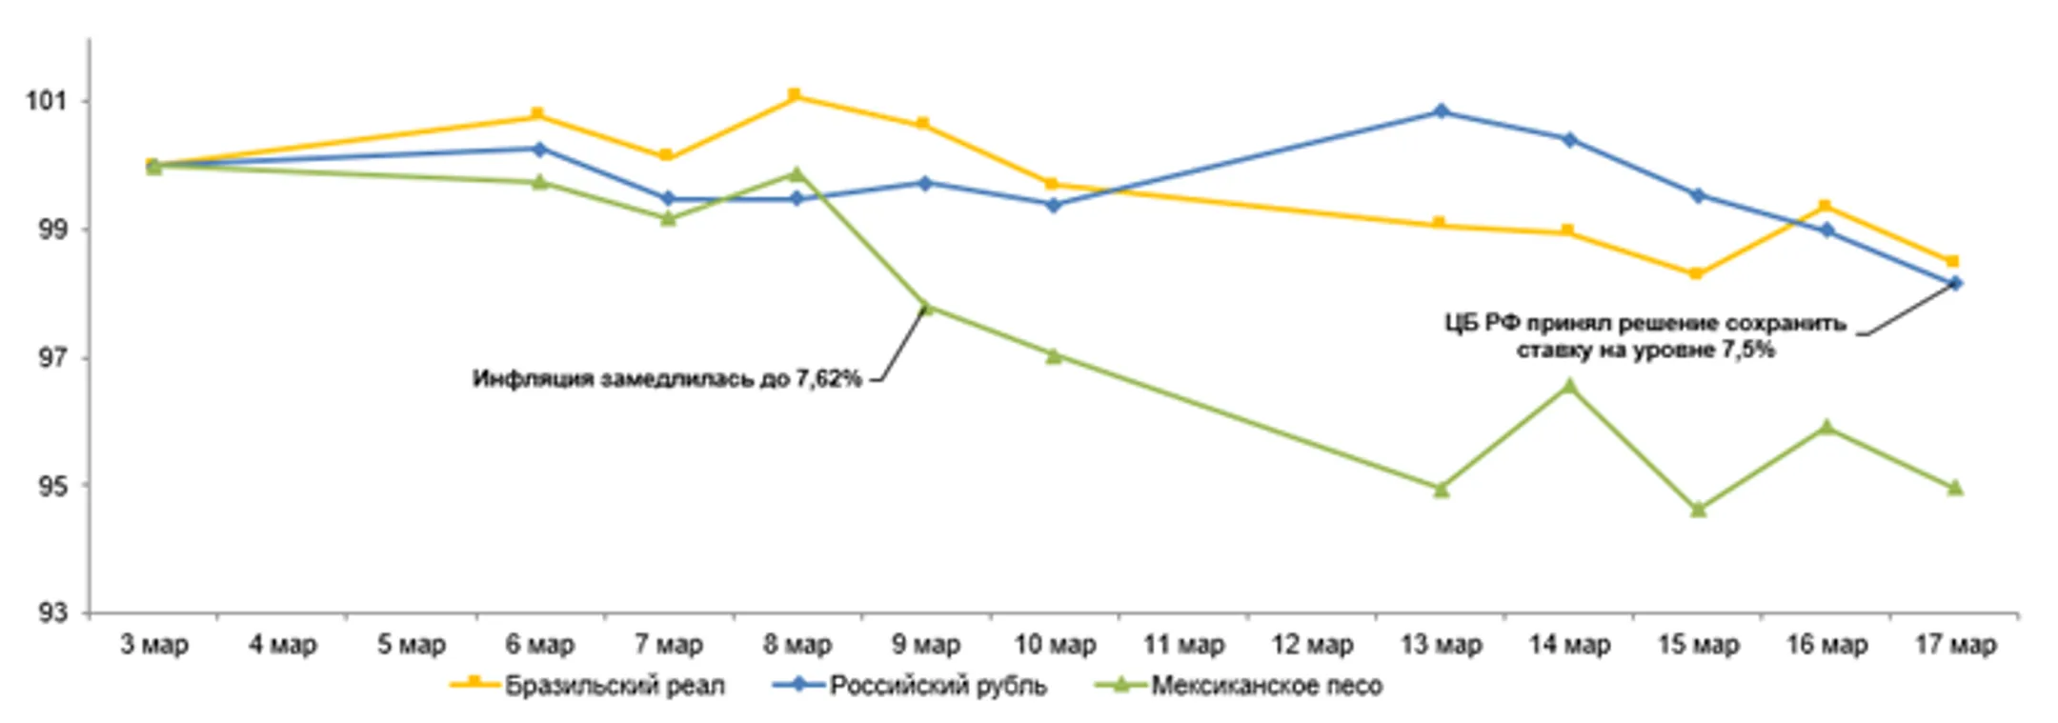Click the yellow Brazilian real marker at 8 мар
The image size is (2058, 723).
pos(795,95)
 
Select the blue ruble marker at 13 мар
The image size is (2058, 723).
pos(1441,111)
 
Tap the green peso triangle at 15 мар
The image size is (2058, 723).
pos(1698,510)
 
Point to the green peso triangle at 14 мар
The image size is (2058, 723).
pos(1569,386)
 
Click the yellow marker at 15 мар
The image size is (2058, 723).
pos(1696,274)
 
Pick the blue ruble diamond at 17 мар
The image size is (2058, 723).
pos(1955,283)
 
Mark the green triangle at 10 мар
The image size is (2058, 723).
pos(1054,356)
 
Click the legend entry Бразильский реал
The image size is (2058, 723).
pos(615,685)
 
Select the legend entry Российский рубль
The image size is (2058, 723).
pos(938,685)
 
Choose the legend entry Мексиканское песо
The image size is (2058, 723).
pos(1266,685)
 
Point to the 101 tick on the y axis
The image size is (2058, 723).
pos(47,100)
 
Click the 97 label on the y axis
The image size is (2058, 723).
pos(52,358)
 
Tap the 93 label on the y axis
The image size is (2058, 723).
pos(52,613)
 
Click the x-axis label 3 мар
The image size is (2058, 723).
pos(154,645)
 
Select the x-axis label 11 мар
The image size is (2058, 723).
pos(1183,645)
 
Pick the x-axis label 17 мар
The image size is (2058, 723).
pos(1955,645)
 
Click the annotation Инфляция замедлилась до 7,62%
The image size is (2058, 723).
pos(667,379)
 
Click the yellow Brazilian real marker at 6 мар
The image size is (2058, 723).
pos(537,115)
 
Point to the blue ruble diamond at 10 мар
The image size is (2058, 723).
pos(1054,205)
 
